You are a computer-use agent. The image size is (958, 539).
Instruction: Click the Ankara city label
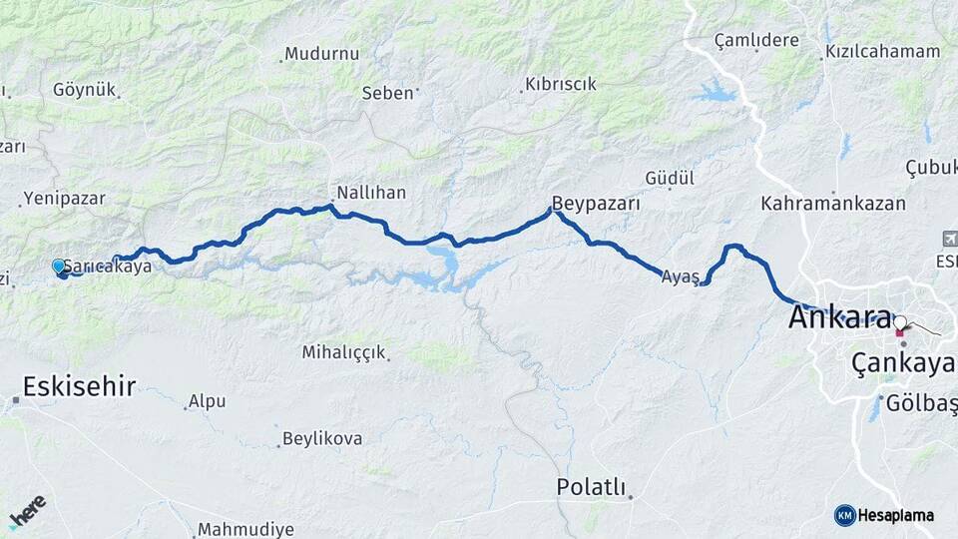pyautogui.click(x=840, y=317)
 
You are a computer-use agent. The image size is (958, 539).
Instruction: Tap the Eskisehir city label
pyautogui.click(x=79, y=387)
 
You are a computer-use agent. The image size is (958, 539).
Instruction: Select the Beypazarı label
pyautogui.click(x=595, y=203)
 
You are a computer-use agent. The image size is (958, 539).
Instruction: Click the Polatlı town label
pyautogui.click(x=591, y=487)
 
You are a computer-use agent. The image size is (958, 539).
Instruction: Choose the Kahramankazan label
pyautogui.click(x=832, y=203)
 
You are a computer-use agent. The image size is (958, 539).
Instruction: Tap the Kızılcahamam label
pyautogui.click(x=882, y=51)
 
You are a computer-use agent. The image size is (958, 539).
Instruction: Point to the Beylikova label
pyautogui.click(x=321, y=438)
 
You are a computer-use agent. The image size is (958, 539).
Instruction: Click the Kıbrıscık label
pyautogui.click(x=561, y=84)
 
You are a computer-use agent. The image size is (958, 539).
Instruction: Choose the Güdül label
pyautogui.click(x=670, y=178)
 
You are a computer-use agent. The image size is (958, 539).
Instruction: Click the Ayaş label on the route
pyautogui.click(x=679, y=277)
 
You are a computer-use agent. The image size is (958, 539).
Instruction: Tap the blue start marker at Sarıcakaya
pyautogui.click(x=59, y=266)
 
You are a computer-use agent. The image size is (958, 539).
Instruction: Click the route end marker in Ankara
pyautogui.click(x=900, y=322)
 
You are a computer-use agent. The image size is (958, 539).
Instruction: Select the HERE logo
pyautogui.click(x=27, y=510)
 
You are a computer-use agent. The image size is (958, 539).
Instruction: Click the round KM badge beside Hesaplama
pyautogui.click(x=845, y=515)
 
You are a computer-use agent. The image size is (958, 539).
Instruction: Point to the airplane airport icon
pyautogui.click(x=948, y=239)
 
